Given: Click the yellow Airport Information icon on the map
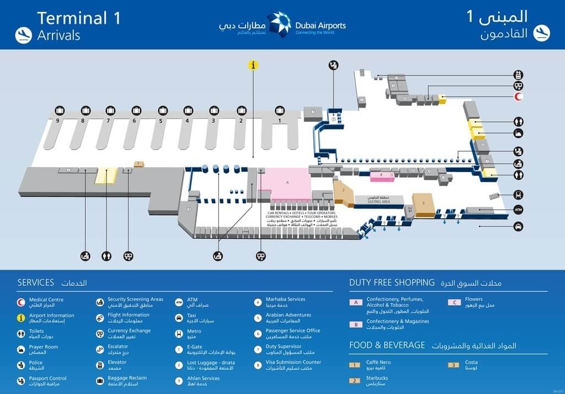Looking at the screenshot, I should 253,65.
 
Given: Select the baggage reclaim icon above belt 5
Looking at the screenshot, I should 163,110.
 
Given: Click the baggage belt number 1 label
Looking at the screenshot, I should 280,120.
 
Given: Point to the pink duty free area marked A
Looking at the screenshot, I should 287,182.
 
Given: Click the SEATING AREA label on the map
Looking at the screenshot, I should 379,201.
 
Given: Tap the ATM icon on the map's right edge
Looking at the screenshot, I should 518,210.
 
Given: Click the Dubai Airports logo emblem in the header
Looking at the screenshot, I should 279,25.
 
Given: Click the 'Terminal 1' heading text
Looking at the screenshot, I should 78,18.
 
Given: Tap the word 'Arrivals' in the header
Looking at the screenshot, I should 58,35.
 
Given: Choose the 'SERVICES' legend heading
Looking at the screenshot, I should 36,283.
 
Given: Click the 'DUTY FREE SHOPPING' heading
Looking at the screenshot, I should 392,283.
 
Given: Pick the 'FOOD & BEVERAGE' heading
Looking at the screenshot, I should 387,345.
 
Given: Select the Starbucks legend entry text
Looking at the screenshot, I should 377,378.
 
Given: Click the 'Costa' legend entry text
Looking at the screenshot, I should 471,362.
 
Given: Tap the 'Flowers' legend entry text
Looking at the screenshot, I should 474,300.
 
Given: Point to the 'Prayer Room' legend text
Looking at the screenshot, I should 44,347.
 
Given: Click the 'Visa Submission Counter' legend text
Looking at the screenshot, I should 293,363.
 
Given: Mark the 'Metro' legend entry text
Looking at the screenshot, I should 194,332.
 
